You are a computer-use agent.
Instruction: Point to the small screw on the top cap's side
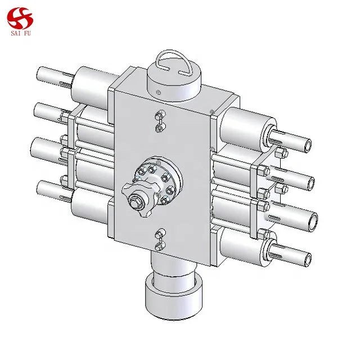tap(159, 92)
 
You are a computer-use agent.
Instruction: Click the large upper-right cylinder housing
tap(247, 124)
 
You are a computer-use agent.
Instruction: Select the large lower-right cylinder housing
tap(242, 242)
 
